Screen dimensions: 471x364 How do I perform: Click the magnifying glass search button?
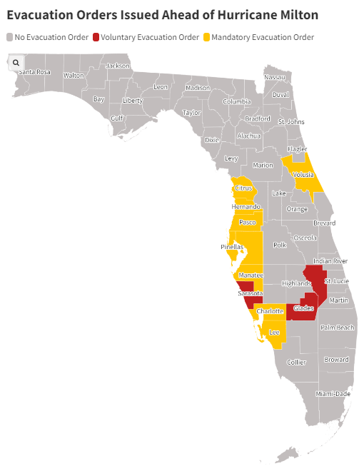16,63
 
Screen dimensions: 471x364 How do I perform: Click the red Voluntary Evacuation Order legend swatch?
96,37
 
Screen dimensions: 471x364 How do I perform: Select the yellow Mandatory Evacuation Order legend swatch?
206,37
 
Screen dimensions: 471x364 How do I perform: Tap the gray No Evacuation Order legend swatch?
10,37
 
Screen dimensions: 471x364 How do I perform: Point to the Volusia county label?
303,175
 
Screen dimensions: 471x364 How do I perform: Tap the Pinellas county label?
232,247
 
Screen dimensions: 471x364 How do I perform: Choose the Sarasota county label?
251,293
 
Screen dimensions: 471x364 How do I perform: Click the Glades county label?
303,308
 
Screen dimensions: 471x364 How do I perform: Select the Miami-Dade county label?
334,393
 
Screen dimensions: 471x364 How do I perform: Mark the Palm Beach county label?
337,328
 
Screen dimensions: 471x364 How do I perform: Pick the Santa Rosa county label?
34,72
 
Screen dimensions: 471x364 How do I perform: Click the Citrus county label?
243,188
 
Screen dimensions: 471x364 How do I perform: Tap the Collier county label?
296,363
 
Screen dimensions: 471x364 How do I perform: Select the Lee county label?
273,332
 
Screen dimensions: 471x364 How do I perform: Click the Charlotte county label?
270,312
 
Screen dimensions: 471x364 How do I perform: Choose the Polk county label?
280,245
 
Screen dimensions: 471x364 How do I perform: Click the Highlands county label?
296,283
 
